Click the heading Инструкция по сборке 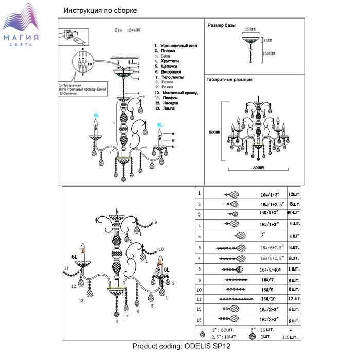click(100, 11)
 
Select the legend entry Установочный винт click(176, 46)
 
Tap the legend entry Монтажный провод click(176, 92)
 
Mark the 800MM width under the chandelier click(259, 168)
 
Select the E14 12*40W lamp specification click(123, 30)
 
